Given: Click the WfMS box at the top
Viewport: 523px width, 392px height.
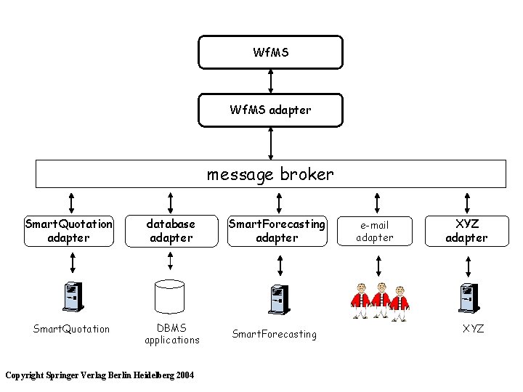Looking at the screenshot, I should coord(270,52).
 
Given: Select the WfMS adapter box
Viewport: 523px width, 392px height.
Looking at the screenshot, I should coord(270,110).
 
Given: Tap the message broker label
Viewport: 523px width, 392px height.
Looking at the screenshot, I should coord(270,174).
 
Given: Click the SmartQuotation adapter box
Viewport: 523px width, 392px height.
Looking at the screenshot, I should coord(68,231).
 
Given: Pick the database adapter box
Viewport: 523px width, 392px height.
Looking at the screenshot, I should coord(171,231).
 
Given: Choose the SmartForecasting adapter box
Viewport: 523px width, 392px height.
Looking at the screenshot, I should coord(277,231).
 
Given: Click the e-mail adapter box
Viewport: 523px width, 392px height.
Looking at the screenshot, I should coord(376,231).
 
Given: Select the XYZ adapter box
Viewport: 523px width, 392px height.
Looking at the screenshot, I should coord(466,231).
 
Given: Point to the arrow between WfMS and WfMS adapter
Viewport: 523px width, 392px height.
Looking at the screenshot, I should coord(270,81).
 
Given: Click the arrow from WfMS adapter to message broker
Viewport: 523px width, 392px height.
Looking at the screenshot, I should coord(270,142).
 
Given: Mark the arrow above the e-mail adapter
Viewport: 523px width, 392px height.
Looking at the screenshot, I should coord(376,200).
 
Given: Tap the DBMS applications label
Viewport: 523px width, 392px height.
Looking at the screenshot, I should coord(171,334).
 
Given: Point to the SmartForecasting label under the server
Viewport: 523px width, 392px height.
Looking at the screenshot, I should coord(274,334).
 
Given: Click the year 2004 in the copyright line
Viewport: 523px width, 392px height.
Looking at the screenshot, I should coord(183,375).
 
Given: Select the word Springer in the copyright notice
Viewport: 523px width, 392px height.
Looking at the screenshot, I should coord(63,375).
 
